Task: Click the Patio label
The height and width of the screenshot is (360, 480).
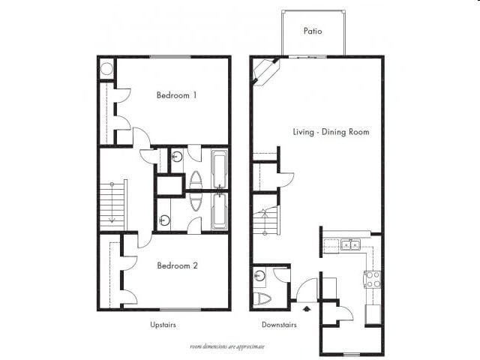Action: (313, 31)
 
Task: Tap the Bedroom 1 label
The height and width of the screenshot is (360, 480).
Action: (177, 95)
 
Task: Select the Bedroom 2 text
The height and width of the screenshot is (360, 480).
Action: (177, 265)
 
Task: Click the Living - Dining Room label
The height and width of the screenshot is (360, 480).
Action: (331, 132)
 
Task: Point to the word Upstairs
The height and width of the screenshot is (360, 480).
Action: (163, 325)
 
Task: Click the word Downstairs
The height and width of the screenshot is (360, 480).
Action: (279, 325)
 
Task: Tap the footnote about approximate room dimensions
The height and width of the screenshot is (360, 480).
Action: (227, 346)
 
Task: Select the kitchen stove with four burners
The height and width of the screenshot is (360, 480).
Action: (372, 280)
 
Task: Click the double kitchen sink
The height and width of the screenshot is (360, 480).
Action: (350, 244)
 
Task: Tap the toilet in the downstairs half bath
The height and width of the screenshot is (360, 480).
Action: (263, 299)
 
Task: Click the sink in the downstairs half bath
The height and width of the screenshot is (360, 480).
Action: (259, 275)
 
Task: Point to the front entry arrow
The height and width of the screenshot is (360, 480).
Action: (304, 307)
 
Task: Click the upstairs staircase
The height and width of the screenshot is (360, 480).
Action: (112, 205)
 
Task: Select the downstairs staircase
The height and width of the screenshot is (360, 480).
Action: (265, 220)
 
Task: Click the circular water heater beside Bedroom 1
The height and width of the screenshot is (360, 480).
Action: (106, 70)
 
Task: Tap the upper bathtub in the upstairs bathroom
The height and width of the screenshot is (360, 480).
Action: (219, 169)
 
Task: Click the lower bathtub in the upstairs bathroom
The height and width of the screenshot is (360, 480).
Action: (219, 211)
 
